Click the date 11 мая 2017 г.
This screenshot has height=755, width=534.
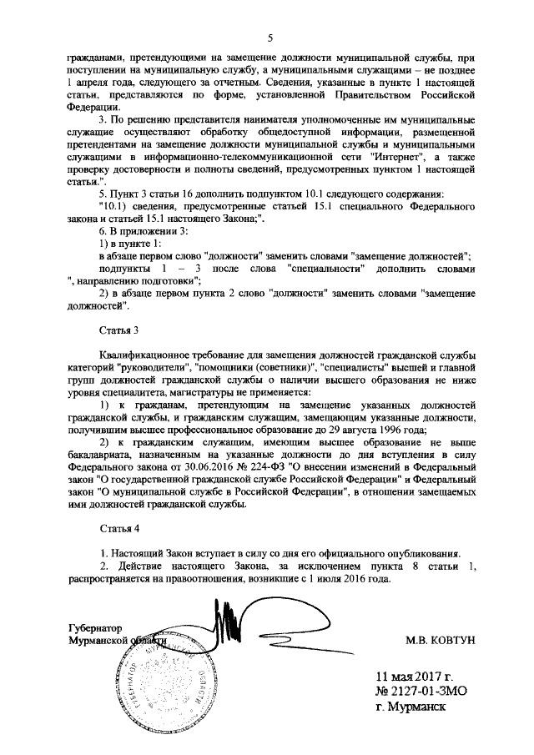(416, 676)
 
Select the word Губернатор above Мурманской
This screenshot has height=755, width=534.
(95, 627)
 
